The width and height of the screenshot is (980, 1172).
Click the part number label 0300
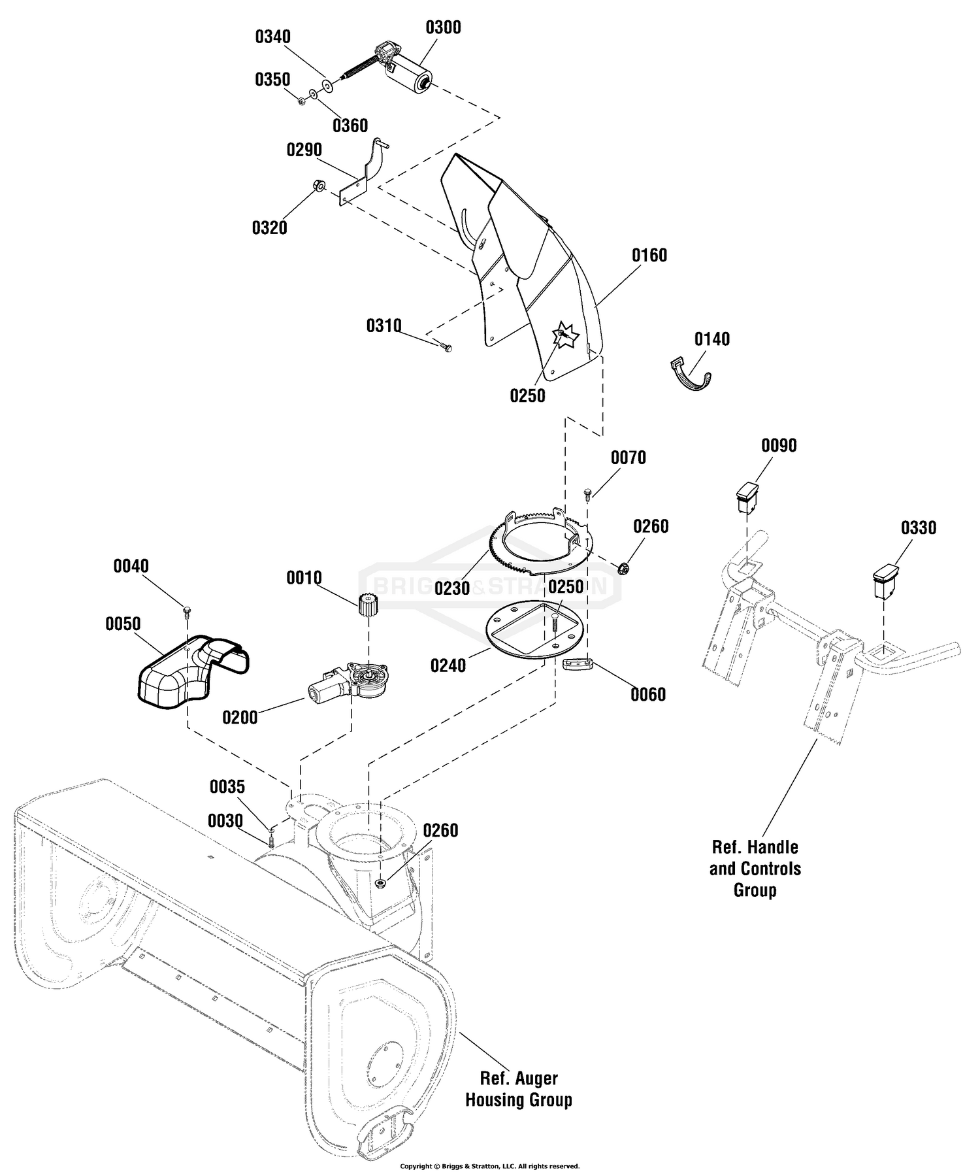[443, 27]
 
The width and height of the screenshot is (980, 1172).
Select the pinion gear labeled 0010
[369, 603]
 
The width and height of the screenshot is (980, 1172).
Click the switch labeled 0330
[885, 579]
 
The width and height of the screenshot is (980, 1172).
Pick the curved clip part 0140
[691, 375]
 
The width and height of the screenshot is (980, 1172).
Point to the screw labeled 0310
[446, 346]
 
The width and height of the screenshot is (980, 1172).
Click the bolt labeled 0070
[588, 493]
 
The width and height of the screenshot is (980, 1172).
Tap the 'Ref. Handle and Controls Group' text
[755, 869]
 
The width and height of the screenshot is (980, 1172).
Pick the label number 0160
[649, 255]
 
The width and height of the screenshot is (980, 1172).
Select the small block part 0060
[578, 664]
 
